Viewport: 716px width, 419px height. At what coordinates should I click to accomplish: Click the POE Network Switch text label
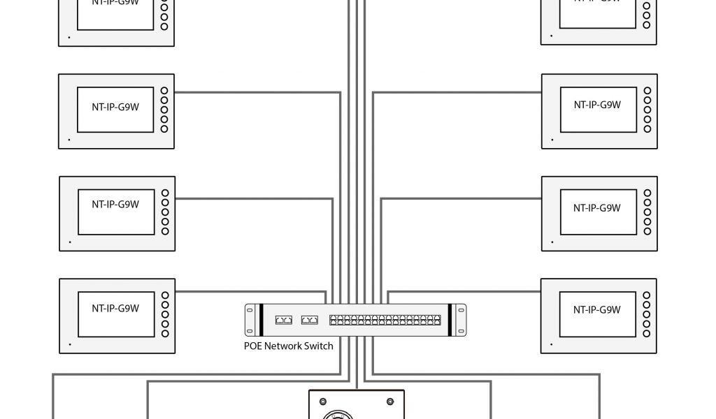coord(288,346)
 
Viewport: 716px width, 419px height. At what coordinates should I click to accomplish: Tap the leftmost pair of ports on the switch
coord(284,320)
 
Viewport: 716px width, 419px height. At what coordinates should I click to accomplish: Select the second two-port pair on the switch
coord(309,320)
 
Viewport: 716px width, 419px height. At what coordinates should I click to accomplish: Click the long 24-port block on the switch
coord(385,320)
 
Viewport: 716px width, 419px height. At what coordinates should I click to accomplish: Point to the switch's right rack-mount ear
coord(460,320)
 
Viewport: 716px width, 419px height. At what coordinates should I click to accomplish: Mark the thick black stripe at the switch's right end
coord(452,320)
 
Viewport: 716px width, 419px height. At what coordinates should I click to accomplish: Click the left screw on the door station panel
coord(322,402)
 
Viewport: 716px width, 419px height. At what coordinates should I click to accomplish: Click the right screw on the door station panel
coord(390,402)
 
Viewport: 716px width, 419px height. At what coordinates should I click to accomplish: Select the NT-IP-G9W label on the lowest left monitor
coord(115,308)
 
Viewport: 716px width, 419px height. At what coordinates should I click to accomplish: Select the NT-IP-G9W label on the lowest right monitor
coord(597,309)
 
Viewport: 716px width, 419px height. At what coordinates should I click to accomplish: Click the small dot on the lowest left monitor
coord(69,344)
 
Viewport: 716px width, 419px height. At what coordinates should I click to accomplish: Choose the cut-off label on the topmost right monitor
coord(597,2)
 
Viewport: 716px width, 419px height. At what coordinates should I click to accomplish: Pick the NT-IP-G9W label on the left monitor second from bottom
coord(115,205)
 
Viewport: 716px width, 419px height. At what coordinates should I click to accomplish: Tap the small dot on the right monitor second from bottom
coord(551,242)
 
